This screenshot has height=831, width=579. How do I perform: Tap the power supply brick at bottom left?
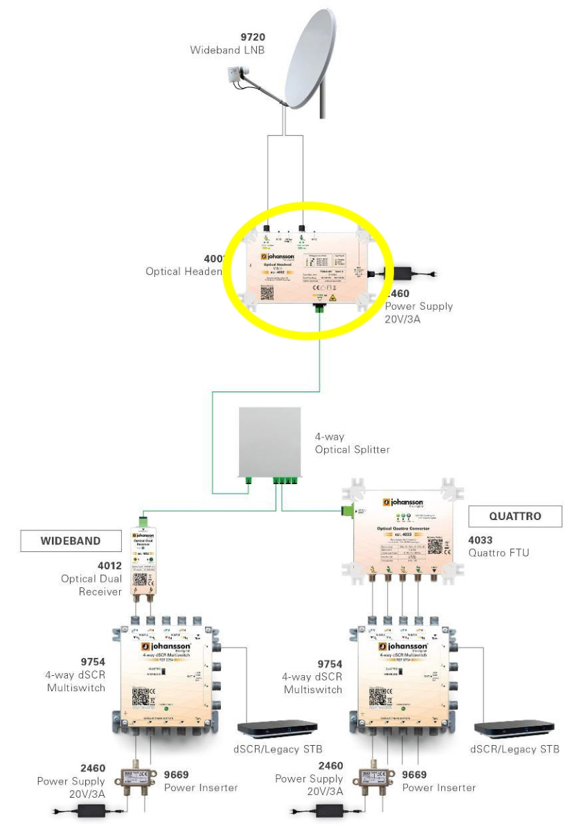tap(93, 810)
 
